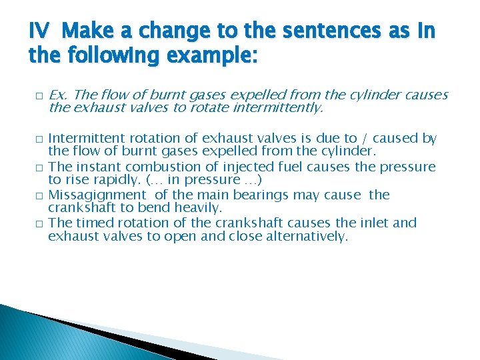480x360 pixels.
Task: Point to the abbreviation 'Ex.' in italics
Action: click(x=59, y=95)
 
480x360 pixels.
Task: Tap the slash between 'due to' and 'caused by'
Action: click(x=365, y=139)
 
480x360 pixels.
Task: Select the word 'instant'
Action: click(x=101, y=167)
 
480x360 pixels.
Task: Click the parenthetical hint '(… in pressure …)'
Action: click(x=208, y=179)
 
